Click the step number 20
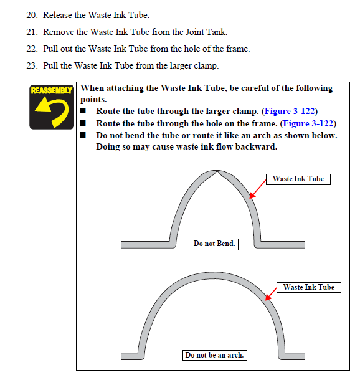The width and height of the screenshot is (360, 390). click(32, 15)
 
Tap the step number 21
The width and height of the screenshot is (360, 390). click(32, 32)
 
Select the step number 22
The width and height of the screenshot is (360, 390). click(32, 49)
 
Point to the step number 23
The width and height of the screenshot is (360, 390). click(32, 65)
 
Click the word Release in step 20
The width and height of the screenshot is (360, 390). click(57, 15)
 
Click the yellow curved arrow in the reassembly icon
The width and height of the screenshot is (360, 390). click(53, 111)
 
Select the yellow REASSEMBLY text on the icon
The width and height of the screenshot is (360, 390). click(52, 90)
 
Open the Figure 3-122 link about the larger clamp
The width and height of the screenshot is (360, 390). click(290, 111)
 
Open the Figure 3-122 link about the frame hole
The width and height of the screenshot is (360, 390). click(308, 123)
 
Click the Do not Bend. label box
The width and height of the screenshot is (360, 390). click(214, 244)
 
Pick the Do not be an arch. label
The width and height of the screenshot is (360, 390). click(214, 355)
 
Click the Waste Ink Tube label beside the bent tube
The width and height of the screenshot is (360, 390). click(298, 179)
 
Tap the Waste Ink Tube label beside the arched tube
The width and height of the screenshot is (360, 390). click(309, 288)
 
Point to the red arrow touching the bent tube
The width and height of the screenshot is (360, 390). click(258, 189)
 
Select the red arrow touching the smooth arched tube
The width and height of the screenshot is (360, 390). click(271, 294)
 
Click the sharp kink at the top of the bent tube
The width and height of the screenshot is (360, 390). click(217, 171)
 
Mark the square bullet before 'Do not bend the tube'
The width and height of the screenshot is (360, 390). click(83, 135)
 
